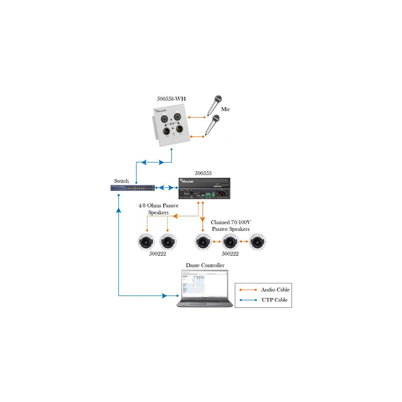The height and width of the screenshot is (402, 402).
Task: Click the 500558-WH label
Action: [x=171, y=99]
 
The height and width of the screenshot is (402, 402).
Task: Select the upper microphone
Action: [x=215, y=105]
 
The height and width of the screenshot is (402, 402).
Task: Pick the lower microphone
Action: [x=212, y=124]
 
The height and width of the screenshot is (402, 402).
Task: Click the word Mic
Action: [x=225, y=109]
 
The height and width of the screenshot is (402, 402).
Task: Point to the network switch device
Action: [x=133, y=188]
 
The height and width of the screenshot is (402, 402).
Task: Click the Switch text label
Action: [x=121, y=181]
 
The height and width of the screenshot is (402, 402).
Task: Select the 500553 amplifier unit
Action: [x=204, y=188]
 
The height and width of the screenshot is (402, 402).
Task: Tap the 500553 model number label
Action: [x=203, y=173]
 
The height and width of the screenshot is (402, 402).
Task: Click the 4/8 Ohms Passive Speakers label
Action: [x=159, y=209]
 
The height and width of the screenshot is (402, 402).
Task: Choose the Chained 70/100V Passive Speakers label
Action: [x=231, y=225]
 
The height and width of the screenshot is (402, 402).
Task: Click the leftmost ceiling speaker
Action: [x=146, y=242]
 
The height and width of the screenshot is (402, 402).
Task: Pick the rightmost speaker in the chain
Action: [x=257, y=242]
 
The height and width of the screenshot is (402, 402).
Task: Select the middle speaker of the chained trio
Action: [x=230, y=242]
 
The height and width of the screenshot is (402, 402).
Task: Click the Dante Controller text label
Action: [x=205, y=265]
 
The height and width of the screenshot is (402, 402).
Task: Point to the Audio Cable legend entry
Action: [x=275, y=290]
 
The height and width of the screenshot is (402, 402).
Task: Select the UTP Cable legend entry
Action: [x=274, y=300]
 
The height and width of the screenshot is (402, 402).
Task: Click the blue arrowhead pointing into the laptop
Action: [x=164, y=296]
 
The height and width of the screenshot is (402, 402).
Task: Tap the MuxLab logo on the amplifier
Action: [x=187, y=181]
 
